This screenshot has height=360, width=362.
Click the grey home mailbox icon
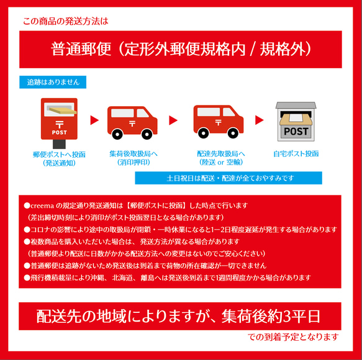pos(295,122)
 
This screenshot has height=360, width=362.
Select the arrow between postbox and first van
pos(94,120)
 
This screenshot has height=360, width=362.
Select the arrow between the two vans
pos(173,120)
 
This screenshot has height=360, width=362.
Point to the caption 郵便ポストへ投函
pos(60,153)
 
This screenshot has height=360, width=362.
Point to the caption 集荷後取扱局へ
pos(133,153)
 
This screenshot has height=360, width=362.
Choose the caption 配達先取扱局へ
pos(220,153)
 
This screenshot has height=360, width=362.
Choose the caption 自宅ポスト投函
pos(296,153)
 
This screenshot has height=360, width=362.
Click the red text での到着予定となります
pos(294,337)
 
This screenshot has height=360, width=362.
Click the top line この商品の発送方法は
pos(65,21)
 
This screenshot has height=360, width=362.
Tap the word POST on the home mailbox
pos(296,132)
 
